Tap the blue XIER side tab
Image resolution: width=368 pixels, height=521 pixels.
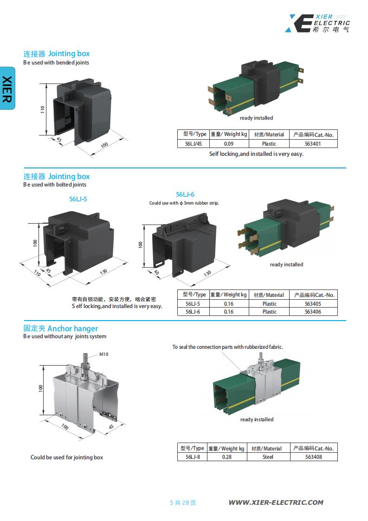(7, 88)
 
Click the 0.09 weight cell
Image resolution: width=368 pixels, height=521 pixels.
(228, 144)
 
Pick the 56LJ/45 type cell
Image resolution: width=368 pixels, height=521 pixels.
(194, 144)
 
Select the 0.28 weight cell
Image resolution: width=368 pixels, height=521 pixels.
(226, 457)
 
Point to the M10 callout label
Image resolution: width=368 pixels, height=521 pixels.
(104, 354)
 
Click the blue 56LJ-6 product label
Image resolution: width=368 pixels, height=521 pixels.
(185, 195)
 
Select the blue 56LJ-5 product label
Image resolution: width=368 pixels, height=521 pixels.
(78, 199)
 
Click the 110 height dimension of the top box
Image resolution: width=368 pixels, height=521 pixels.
(42, 110)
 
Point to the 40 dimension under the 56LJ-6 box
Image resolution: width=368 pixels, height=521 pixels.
(156, 273)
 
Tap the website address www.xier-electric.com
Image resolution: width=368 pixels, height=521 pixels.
(276, 502)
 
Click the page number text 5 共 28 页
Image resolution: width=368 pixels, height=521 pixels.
(183, 502)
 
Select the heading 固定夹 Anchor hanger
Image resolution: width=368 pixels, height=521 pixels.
(61, 328)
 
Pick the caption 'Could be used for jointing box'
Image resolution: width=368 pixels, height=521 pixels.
(67, 457)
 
